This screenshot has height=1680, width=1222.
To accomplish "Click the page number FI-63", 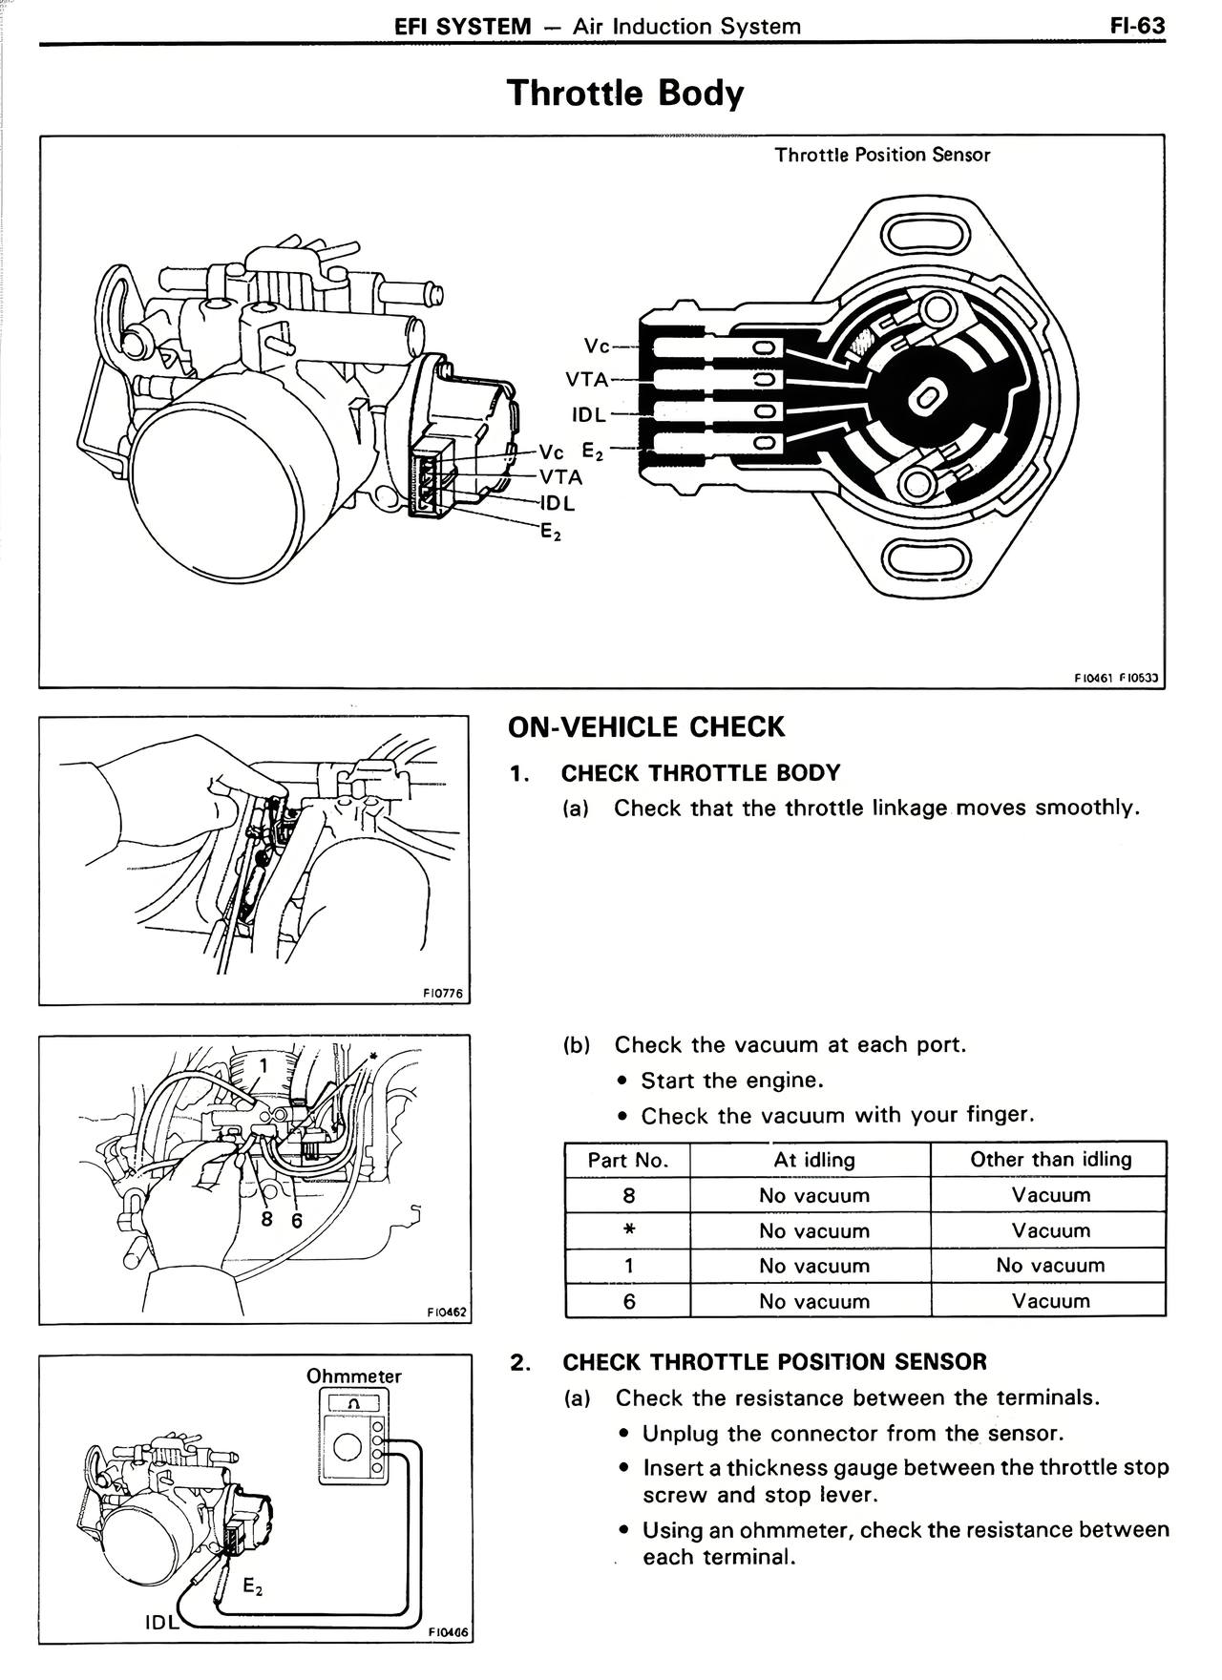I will click(x=1137, y=26).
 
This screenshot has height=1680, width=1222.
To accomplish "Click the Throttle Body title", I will click(x=624, y=94).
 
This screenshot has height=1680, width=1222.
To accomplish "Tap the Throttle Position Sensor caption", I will click(x=882, y=155).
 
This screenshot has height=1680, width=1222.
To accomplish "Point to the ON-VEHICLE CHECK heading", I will click(x=645, y=727).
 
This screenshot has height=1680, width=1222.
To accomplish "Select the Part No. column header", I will click(x=627, y=1160).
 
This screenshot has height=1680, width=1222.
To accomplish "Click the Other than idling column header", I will click(x=1050, y=1160).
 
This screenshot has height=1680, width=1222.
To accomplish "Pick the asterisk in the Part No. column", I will click(x=628, y=1230).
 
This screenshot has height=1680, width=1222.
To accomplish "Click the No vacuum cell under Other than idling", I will click(x=1050, y=1266).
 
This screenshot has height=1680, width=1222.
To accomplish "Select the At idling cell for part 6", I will click(x=814, y=1301).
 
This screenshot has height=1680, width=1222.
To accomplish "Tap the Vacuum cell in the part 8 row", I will click(x=1050, y=1195).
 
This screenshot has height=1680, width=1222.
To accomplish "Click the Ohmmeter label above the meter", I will click(x=353, y=1376).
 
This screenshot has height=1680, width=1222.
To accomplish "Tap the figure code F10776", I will click(x=442, y=994).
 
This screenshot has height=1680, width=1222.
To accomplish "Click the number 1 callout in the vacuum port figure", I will click(x=263, y=1063).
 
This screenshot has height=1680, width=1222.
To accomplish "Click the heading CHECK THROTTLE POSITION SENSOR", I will click(x=774, y=1362).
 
